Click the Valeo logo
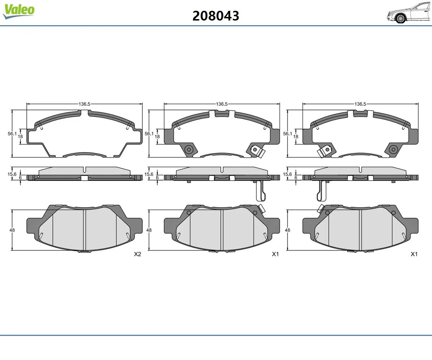click(x=19, y=12)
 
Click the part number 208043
click(x=216, y=16)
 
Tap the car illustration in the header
click(x=409, y=13)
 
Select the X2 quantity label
click(x=138, y=254)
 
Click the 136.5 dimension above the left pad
click(x=84, y=104)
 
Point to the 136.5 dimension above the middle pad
click(x=222, y=104)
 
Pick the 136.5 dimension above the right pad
click(x=360, y=104)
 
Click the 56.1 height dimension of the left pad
click(x=12, y=134)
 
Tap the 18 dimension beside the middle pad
click(x=157, y=136)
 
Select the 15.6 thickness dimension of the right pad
click(x=288, y=174)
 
